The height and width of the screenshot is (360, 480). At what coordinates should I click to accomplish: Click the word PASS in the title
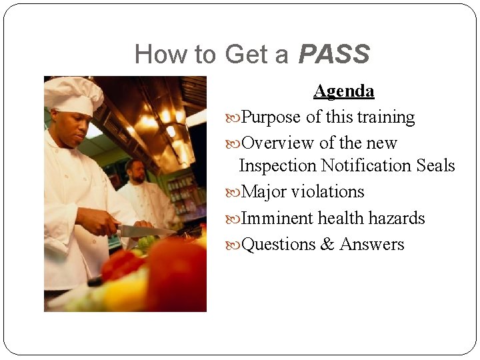click(334, 54)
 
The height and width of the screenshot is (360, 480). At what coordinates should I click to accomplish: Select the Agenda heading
click(344, 91)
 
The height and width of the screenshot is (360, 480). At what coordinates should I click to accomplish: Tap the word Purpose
click(271, 117)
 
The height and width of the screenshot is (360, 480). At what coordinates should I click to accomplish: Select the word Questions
click(278, 245)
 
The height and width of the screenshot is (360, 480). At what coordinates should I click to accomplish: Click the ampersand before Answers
click(327, 245)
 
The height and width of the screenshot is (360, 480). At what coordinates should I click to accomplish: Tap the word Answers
click(372, 245)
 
